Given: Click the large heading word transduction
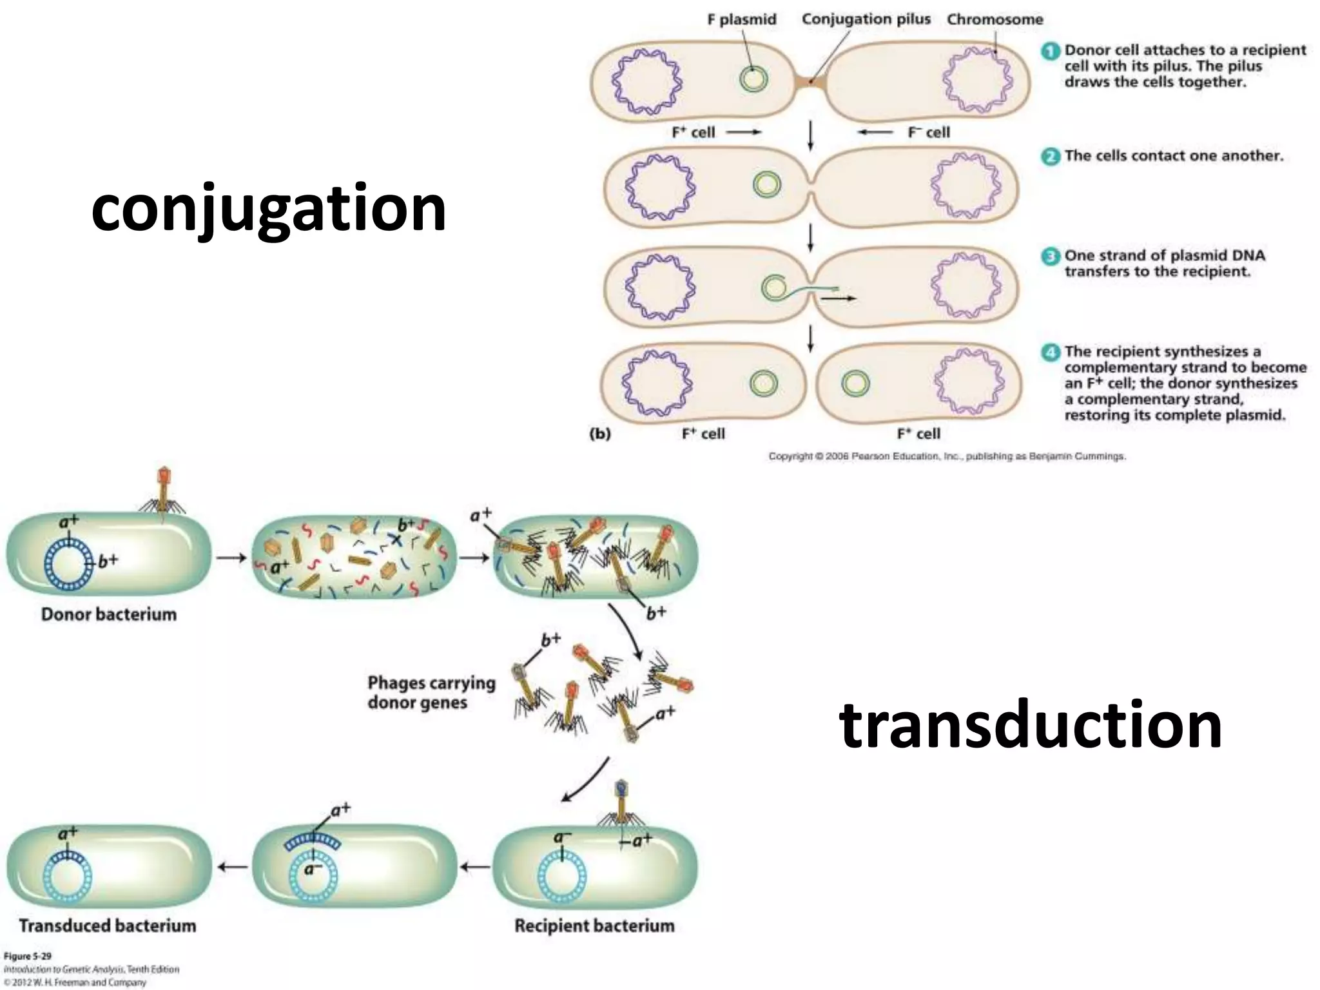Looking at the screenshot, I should point(1030,726).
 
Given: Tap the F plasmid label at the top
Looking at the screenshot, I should point(741,20).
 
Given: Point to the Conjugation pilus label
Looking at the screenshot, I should point(866,19).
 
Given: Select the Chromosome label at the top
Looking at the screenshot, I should point(995,20).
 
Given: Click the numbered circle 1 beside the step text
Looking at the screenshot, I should point(1050,51).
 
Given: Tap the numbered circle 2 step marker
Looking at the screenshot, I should point(1050,156).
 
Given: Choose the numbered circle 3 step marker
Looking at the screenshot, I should point(1050,256).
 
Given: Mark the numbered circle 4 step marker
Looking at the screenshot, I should point(1050,352).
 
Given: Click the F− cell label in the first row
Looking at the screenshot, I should point(928,132).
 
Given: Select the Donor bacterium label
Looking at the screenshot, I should point(108,614).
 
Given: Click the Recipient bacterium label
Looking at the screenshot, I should point(594,926).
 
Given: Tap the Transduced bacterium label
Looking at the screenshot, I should point(108,926).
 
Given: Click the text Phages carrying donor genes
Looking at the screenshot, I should point(431,692).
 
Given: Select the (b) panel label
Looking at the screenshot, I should point(600,434).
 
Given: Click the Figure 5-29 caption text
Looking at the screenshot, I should point(28,956).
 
